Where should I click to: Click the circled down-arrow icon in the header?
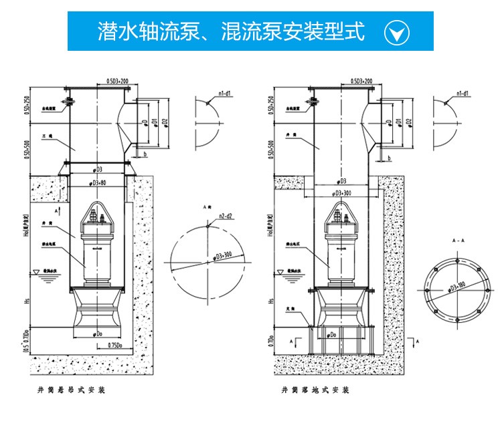pyautogui.click(x=396, y=32)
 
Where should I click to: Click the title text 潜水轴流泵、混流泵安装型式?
pyautogui.click(x=231, y=31)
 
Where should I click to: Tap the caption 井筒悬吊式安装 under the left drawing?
pyautogui.click(x=72, y=388)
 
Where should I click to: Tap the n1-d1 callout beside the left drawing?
pyautogui.click(x=223, y=94)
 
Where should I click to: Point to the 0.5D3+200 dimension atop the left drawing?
pyautogui.click(x=118, y=81)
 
